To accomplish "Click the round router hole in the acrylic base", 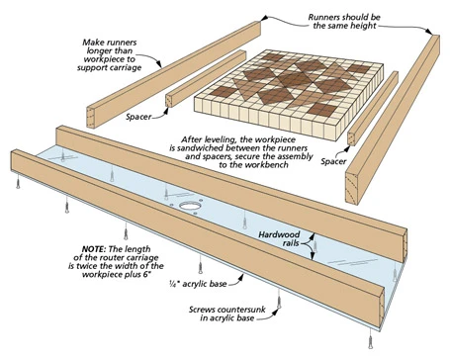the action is pyautogui.click(x=190, y=207).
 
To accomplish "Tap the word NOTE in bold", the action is pyautogui.click(x=94, y=249).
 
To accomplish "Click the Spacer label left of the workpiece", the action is pyautogui.click(x=138, y=117).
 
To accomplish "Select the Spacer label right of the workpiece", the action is pyautogui.click(x=333, y=161).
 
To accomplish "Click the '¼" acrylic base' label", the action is pyautogui.click(x=198, y=284).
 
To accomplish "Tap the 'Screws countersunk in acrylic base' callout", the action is pyautogui.click(x=227, y=314).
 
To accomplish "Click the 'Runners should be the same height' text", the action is pyautogui.click(x=344, y=22).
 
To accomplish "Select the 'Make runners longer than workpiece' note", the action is pyautogui.click(x=110, y=55).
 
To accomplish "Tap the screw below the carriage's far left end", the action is pyautogui.click(x=18, y=182).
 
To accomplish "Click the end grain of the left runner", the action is pyautogui.click(x=91, y=118).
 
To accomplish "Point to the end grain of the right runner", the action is pyautogui.click(x=352, y=187).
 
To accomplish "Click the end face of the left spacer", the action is pyautogui.click(x=169, y=100).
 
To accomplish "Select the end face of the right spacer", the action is pyautogui.click(x=352, y=138).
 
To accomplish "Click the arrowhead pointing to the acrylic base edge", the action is pyautogui.click(x=241, y=278).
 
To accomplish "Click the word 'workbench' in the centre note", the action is pyautogui.click(x=267, y=165).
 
